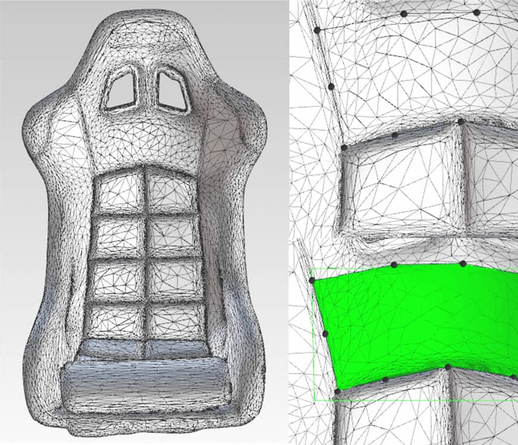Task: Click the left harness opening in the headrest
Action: tap(121, 90)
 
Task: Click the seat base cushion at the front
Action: tap(145, 386)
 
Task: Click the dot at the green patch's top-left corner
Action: tap(312, 281)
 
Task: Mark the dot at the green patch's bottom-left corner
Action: tap(337, 391)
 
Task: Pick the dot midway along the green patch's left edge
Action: tap(325, 334)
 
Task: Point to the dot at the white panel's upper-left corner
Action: tap(344, 147)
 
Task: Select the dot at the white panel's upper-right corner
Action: tap(461, 122)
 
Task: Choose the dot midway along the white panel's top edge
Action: tap(394, 135)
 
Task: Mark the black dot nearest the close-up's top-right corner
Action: tap(476, 12)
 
